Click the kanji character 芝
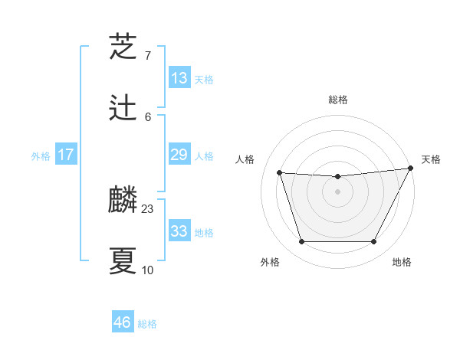(x=123, y=47)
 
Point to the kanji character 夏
(x=123, y=261)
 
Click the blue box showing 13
(x=179, y=78)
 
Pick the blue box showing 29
(x=179, y=155)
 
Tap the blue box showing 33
(x=179, y=231)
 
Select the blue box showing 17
(x=66, y=155)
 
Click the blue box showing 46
(x=123, y=322)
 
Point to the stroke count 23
(x=148, y=208)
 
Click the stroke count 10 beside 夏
(x=148, y=270)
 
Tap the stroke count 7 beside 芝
(x=148, y=55)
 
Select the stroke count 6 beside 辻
(x=148, y=116)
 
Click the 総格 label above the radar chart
(x=338, y=100)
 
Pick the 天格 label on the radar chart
(x=431, y=159)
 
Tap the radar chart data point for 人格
(x=280, y=173)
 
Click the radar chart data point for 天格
(x=412, y=169)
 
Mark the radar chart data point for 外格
(x=301, y=242)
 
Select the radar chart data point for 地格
(x=374, y=242)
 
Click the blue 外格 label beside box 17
(x=41, y=155)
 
